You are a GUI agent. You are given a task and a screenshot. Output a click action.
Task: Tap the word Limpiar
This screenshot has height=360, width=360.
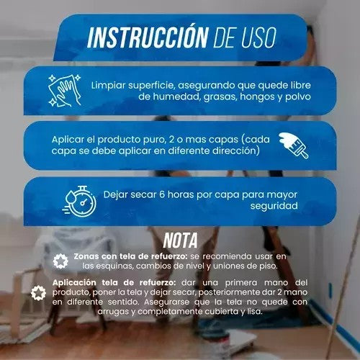click(x=109, y=84)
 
